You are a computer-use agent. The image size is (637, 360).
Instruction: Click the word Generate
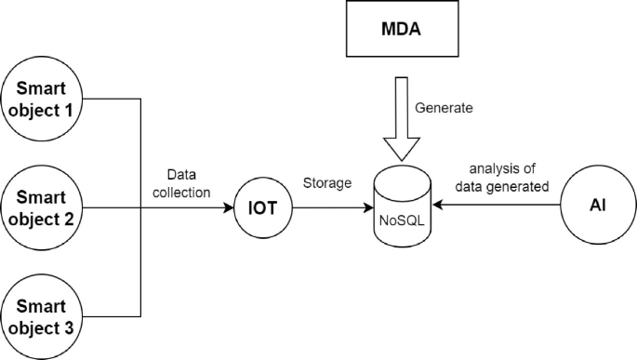[x=444, y=108]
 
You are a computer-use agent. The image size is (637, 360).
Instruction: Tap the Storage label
[x=326, y=183]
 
